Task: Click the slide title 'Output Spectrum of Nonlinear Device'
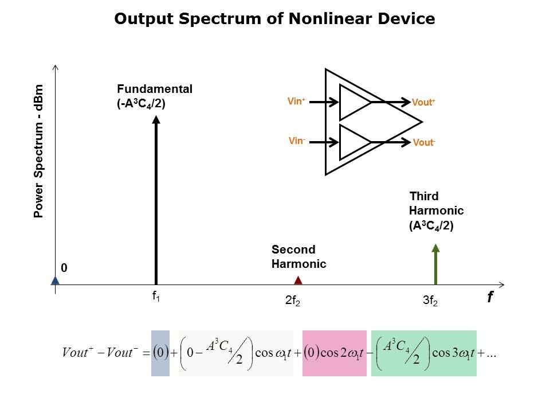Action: (274, 19)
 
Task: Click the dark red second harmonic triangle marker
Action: (298, 280)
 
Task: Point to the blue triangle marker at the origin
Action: (55, 280)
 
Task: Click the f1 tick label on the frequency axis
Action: (156, 297)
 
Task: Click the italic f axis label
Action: (490, 297)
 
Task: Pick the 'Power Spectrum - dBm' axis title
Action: (39, 151)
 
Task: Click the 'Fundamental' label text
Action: (155, 89)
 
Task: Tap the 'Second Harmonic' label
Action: (298, 257)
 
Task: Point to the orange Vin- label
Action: (296, 140)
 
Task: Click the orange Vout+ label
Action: (424, 103)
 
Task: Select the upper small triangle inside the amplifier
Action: (355, 102)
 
